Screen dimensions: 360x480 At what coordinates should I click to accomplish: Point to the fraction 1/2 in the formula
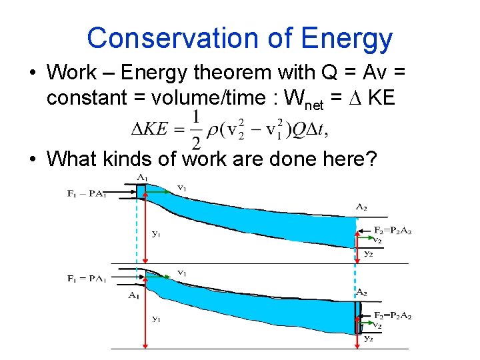(196, 130)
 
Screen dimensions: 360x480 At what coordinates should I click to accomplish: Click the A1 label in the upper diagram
(143, 177)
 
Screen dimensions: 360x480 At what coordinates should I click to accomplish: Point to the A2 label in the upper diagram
(361, 207)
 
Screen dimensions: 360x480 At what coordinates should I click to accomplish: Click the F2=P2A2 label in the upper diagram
(392, 230)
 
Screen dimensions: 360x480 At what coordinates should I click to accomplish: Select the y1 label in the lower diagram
(156, 319)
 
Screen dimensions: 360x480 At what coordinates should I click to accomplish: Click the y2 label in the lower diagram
(369, 338)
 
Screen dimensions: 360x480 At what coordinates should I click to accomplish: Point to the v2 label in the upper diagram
(377, 240)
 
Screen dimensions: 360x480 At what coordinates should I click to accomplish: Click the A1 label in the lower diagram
(134, 295)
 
